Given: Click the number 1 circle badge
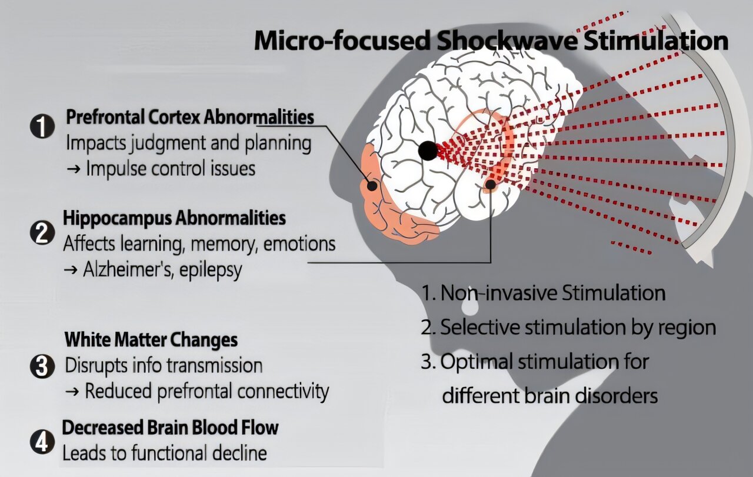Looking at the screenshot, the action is [42, 126].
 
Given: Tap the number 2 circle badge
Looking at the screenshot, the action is [42, 233].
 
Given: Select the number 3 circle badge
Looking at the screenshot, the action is [42, 366].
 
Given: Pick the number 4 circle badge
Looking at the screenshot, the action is [42, 442].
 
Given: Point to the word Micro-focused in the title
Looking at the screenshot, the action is [342, 41].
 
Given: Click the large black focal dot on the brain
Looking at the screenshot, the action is [428, 150].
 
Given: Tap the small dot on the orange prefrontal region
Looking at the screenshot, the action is [372, 185].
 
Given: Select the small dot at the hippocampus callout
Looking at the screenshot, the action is [491, 184].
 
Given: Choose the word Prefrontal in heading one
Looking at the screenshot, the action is [105, 117].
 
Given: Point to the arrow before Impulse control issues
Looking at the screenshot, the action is [74, 169].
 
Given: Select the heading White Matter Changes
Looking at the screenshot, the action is [151, 340].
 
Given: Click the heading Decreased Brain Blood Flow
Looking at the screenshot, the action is [171, 428].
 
